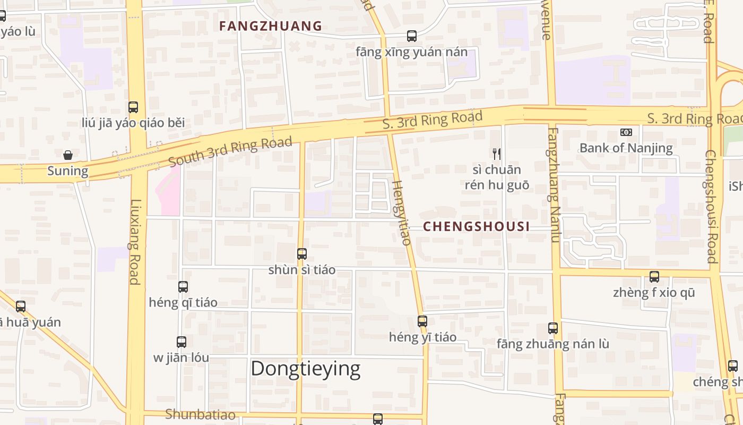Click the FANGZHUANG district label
click(x=271, y=25)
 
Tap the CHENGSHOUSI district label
click(x=476, y=226)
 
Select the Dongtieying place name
click(x=305, y=368)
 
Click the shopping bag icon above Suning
click(x=68, y=155)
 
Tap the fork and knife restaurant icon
click(x=497, y=154)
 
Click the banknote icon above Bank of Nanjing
click(x=626, y=132)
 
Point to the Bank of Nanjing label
click(x=626, y=148)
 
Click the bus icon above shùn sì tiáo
click(x=302, y=254)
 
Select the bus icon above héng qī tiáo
click(x=183, y=287)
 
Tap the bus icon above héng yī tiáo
click(x=422, y=321)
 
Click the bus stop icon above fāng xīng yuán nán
click(x=412, y=36)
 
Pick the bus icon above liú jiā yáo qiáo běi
click(x=133, y=107)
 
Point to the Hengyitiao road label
click(x=402, y=212)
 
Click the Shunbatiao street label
click(x=200, y=414)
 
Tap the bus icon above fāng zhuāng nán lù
click(x=553, y=328)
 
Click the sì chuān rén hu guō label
click(x=497, y=177)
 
